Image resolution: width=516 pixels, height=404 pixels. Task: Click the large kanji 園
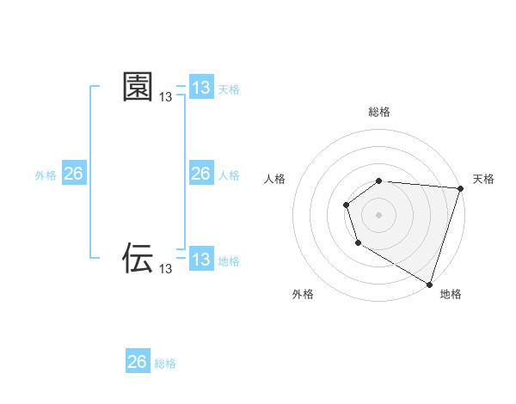click(x=138, y=87)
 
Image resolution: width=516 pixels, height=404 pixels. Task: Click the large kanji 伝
click(x=138, y=257)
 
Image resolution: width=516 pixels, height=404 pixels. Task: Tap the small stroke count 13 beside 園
click(x=165, y=99)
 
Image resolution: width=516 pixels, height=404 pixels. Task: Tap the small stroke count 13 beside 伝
click(x=165, y=269)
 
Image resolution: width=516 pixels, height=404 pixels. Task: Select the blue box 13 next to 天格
click(x=201, y=88)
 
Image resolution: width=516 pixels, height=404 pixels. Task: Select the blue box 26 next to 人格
click(x=201, y=174)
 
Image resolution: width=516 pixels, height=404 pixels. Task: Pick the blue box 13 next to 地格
click(x=201, y=260)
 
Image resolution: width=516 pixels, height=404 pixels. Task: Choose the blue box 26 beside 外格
click(x=73, y=174)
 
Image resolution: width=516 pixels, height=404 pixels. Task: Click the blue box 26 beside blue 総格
click(x=138, y=362)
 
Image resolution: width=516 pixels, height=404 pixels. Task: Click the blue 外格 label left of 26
click(x=46, y=175)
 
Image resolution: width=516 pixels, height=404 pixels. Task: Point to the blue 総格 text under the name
click(x=165, y=364)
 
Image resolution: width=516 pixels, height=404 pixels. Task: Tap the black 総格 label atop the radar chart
click(x=379, y=112)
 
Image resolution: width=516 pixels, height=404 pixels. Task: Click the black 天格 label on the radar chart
click(x=483, y=179)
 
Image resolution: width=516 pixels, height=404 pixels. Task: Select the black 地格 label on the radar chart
click(x=451, y=295)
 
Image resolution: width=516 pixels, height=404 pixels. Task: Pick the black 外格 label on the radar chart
click(x=303, y=295)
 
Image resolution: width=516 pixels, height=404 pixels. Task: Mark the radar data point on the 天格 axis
click(x=460, y=188)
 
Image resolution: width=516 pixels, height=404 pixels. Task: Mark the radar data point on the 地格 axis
click(x=429, y=283)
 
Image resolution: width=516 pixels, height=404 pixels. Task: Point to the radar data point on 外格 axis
click(x=359, y=243)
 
